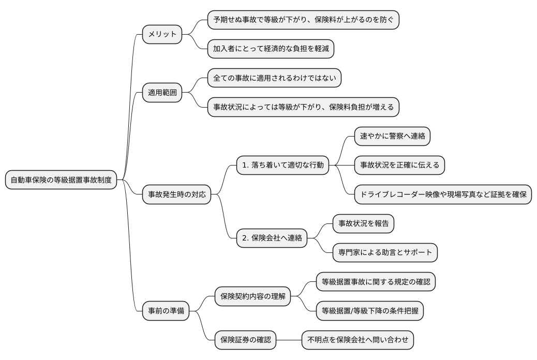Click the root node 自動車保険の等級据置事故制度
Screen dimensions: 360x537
tap(61, 180)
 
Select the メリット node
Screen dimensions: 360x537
tap(162, 35)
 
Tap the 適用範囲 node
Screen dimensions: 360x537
tap(162, 93)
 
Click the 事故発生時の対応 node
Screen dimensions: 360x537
tap(177, 194)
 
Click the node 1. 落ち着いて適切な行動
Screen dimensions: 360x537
tap(282, 166)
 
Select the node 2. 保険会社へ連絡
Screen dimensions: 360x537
tap(272, 238)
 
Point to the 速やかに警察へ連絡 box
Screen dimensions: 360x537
tap(392, 137)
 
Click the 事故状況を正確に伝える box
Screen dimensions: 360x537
tap(399, 166)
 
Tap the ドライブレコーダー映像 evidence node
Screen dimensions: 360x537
tap(443, 194)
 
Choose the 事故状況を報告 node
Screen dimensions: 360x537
tap(364, 224)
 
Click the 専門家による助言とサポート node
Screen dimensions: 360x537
tap(385, 253)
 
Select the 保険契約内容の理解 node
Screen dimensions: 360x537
tap(253, 297)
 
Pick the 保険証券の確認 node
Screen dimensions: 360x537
tap(246, 340)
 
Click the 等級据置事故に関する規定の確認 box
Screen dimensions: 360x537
tap(376, 282)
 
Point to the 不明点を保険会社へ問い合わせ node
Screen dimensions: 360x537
tap(357, 340)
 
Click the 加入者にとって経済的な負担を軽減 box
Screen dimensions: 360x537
tap(271, 49)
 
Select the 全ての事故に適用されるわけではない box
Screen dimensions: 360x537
tap(274, 79)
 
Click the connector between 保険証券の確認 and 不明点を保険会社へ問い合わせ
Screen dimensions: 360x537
tap(289, 340)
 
